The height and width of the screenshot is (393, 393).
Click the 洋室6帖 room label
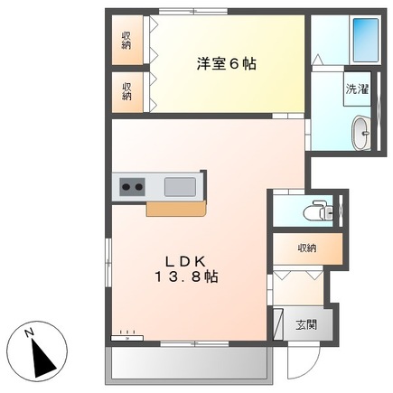point(226,64)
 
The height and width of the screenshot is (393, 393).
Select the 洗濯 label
point(355,89)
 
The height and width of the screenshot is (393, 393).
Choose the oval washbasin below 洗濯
point(360,132)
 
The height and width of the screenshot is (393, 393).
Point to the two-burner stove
point(131,187)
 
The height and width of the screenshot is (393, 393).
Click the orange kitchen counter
point(177,209)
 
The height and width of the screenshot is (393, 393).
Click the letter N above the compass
point(30,332)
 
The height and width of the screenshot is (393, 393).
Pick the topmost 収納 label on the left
point(127,40)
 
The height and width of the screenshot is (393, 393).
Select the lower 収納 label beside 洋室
point(127,89)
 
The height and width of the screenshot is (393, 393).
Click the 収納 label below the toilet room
point(307,248)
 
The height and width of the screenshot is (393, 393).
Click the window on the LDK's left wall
point(108,262)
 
